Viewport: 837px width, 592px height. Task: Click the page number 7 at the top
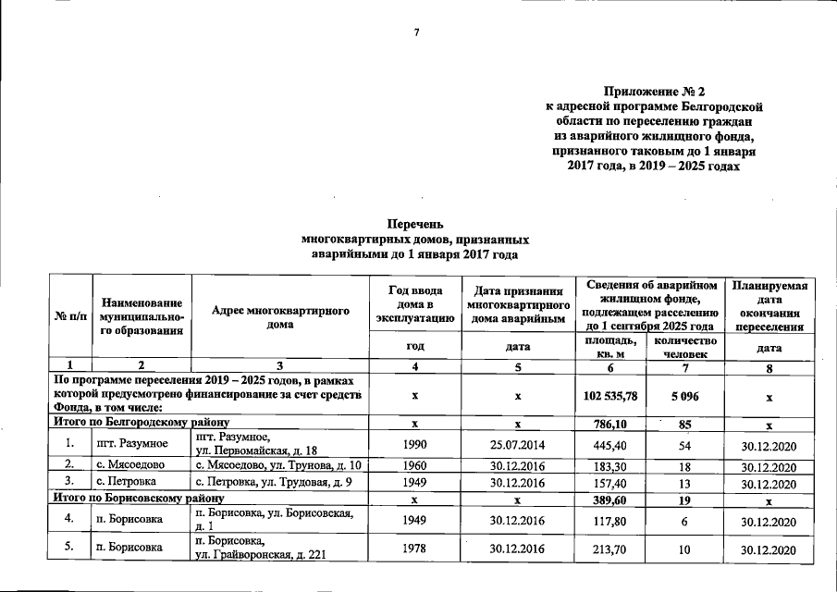[417, 32]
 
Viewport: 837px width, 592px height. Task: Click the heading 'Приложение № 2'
[654, 92]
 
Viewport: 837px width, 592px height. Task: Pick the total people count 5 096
[685, 396]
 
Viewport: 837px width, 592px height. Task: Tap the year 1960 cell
[415, 466]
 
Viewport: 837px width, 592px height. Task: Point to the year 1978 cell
[415, 550]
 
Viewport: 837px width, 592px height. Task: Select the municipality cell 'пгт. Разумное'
[132, 446]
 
